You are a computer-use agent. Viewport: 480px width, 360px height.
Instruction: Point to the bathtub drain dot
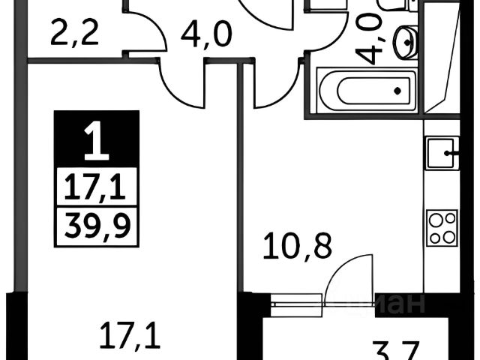click(x=397, y=89)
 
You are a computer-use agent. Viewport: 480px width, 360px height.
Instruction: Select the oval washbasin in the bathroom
click(x=406, y=40)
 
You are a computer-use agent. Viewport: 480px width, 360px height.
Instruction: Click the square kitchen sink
click(x=442, y=155)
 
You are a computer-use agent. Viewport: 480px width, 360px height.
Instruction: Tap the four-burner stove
click(x=442, y=227)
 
